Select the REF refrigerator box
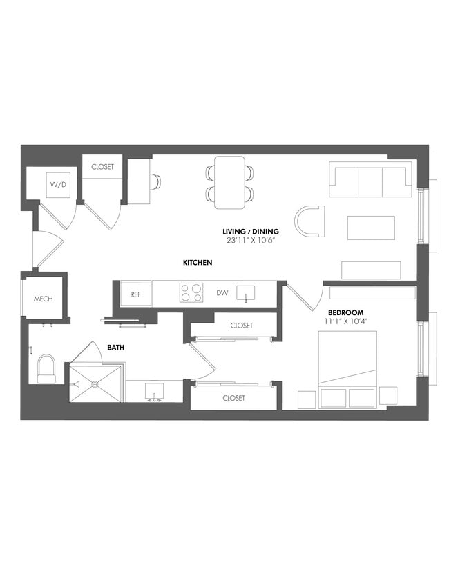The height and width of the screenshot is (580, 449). [x=136, y=294]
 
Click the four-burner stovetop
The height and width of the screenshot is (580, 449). [x=191, y=293]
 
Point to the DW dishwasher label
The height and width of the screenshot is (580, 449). [x=222, y=293]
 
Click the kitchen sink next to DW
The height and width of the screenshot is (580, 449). [x=246, y=293]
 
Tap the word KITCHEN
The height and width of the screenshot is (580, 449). [x=197, y=263]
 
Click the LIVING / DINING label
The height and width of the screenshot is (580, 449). [x=251, y=231]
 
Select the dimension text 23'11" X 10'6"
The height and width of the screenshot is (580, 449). [x=251, y=241]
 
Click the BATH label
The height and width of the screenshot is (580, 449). [x=115, y=348]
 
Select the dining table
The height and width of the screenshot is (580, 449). [x=229, y=182]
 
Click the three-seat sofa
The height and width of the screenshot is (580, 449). [x=370, y=180]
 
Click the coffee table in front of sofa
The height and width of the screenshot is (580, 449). [x=371, y=228]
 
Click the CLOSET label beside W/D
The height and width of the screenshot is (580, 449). [x=103, y=166]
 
